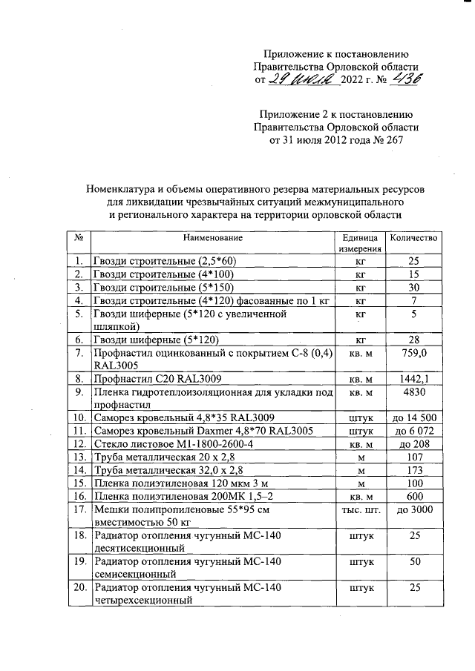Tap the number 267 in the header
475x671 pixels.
coord(401,139)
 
